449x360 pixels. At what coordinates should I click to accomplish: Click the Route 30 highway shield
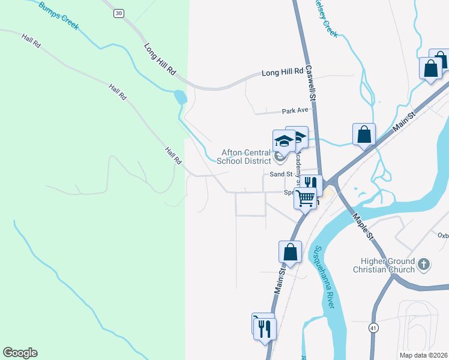point(119,13)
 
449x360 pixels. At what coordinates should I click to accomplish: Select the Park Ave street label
point(295,111)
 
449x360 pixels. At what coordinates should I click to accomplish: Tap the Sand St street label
point(280,173)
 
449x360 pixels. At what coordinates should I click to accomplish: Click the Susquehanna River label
point(325,275)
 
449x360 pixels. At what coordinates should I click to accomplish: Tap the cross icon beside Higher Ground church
point(424,264)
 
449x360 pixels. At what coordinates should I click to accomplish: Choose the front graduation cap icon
point(284,141)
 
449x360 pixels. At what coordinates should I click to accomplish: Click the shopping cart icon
point(306,197)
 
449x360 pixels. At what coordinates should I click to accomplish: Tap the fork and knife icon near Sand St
point(310,184)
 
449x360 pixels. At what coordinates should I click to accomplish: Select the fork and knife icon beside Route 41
point(265,328)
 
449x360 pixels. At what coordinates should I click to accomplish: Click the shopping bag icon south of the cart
point(291,253)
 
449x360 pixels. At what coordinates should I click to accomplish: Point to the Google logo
point(20,353)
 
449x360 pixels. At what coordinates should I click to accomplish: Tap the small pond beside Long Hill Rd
point(179,97)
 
